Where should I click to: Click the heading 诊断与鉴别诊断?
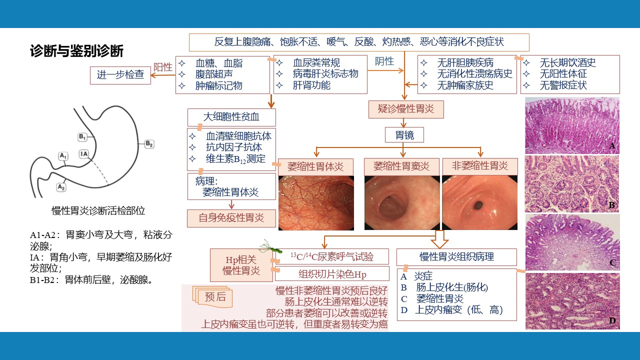point(76,51)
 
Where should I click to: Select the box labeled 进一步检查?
point(120,75)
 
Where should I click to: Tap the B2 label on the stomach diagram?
point(149,143)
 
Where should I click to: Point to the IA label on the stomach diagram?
point(83,154)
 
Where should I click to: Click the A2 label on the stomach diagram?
point(61,187)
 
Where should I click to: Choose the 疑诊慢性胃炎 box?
point(406,109)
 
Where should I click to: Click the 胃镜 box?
point(404,135)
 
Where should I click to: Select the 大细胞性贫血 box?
point(231,117)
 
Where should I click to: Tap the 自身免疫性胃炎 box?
point(231,218)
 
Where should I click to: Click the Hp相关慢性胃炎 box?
point(241,265)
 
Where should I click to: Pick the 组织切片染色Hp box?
point(332,274)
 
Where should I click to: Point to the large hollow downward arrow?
point(439,239)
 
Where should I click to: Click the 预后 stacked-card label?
point(213,296)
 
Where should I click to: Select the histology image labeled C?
point(572,242)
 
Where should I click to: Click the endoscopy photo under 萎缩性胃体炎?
point(316,203)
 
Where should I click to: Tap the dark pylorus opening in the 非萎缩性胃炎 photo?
point(478,205)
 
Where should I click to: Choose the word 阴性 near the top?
point(384,61)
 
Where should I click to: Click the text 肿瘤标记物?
point(219,85)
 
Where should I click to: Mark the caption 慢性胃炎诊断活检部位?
point(98,211)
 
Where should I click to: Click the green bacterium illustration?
point(270,247)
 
